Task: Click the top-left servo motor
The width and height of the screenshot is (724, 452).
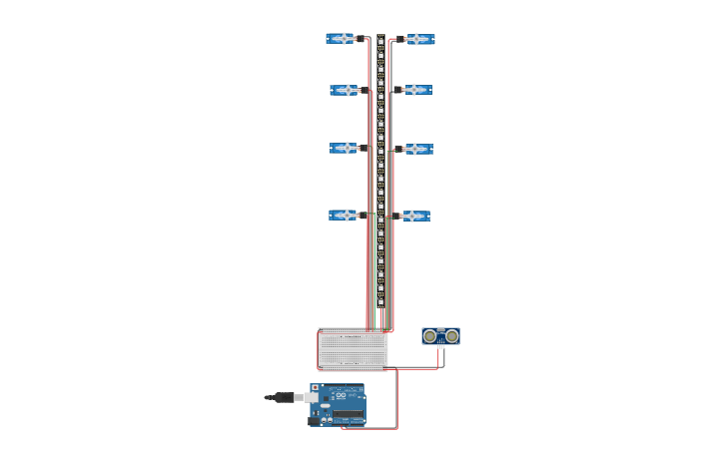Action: pos(342,39)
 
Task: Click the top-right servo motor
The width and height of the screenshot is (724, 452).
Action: pos(418,39)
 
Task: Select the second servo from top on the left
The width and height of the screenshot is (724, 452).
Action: pos(345,90)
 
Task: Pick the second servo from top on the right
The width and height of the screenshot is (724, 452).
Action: pos(416,90)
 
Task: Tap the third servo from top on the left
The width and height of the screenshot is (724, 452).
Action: pos(345,148)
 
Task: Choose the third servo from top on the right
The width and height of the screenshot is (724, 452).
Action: pos(416,149)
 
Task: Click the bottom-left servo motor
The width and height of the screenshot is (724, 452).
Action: pos(344,215)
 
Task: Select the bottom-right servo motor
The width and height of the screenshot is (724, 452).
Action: pos(414,216)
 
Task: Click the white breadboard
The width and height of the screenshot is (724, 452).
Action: pos(353,349)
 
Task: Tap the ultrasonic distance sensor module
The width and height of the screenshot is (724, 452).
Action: pos(440,336)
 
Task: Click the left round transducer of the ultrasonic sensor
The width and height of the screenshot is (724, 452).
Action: pos(429,336)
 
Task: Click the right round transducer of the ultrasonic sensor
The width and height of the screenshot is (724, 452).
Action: pos(451,336)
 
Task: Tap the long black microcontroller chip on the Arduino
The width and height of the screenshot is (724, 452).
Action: pos(348,414)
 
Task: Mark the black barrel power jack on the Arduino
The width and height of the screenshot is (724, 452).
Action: pos(315,418)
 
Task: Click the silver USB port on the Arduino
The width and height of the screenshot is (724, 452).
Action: pos(313,397)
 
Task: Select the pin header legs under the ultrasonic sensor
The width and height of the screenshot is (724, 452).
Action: pos(440,348)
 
